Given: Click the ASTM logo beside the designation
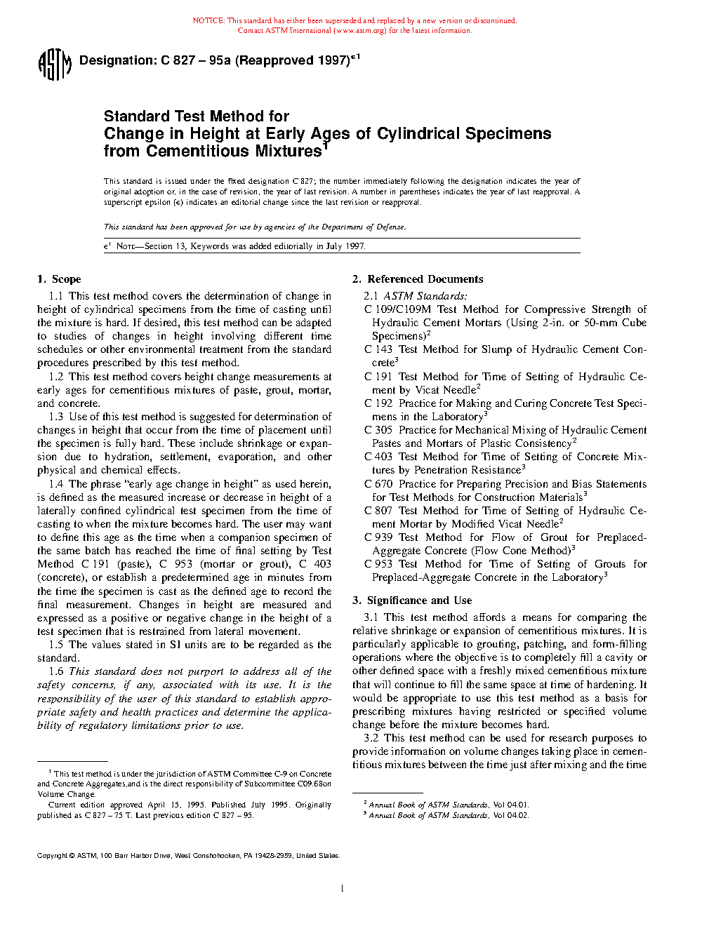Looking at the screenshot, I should tap(54, 65).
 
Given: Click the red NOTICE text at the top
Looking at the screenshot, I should tap(354, 21).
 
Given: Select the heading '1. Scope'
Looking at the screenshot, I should tap(59, 279).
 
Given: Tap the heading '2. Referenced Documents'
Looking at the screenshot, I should tap(418, 279).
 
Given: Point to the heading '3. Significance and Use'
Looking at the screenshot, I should tap(412, 600).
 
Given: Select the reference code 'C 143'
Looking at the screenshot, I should tap(378, 349).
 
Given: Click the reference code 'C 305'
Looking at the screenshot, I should tap(378, 430).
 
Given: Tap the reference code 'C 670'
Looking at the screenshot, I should tap(378, 484).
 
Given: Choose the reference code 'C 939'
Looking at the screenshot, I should tap(378, 537).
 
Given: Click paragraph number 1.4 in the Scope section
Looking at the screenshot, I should tap(56, 484).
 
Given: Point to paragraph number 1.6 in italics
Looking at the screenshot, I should tap(56, 671).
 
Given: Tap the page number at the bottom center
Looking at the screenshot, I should tap(342, 889).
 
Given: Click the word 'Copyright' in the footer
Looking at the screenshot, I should tap(52, 856).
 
